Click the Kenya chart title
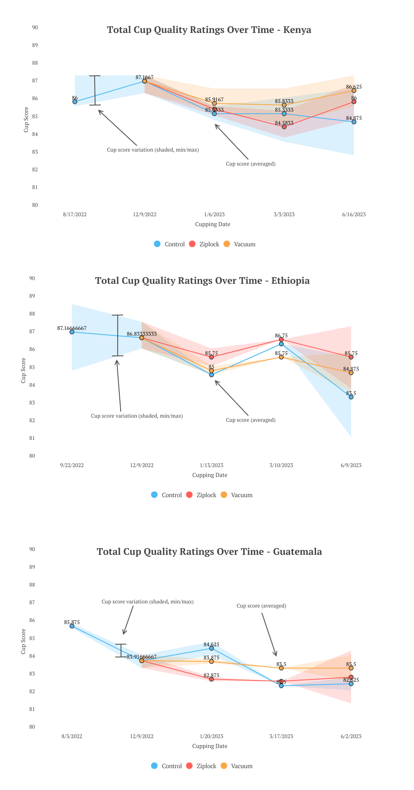209,30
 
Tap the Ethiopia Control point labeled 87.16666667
72,332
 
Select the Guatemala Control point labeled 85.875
72,626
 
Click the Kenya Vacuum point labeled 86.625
354,91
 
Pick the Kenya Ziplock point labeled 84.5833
284,127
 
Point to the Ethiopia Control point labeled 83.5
351,397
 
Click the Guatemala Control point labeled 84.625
212,648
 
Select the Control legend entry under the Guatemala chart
167,766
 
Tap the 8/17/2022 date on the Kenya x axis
75,215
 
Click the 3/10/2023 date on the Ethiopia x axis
281,465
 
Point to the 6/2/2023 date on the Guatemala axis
351,736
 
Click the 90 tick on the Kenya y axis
35,28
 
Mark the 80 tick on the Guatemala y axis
32,727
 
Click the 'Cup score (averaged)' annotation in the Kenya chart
251,164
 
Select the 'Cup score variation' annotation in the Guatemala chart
147,602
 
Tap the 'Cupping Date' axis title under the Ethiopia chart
210,475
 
